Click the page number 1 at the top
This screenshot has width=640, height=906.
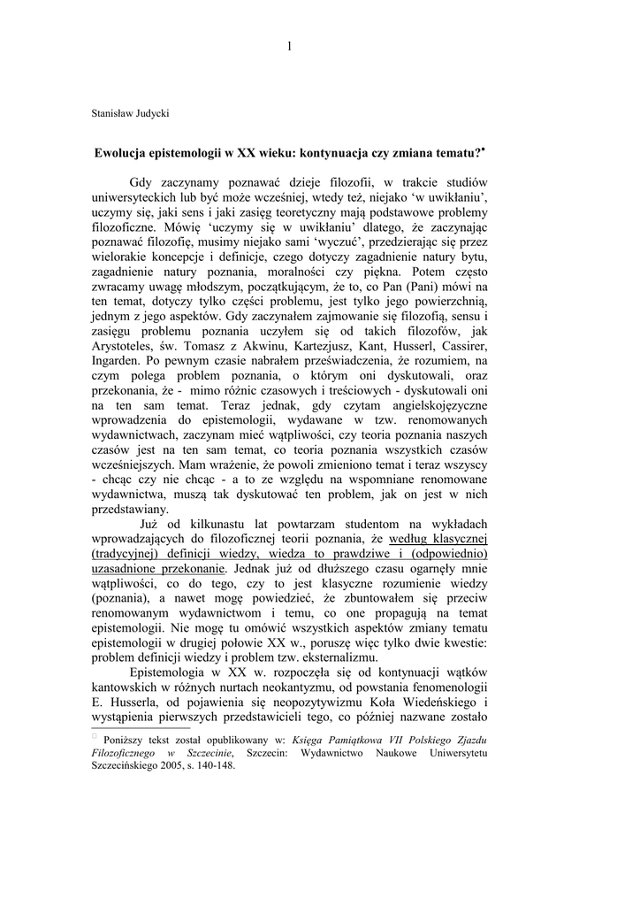point(289,46)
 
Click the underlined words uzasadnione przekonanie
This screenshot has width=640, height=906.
point(150,567)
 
